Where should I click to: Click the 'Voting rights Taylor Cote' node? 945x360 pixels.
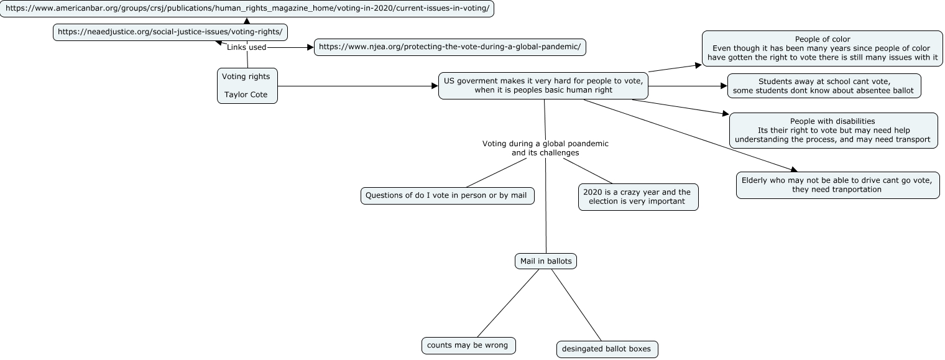pyautogui.click(x=247, y=86)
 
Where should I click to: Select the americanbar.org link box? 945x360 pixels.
pyautogui.click(x=247, y=9)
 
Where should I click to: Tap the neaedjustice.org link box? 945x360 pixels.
pyautogui.click(x=170, y=32)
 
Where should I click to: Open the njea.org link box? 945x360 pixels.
pyautogui.click(x=449, y=47)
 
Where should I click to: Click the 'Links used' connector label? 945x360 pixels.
pyautogui.click(x=246, y=47)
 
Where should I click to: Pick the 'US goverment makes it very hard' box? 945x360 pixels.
pyautogui.click(x=543, y=86)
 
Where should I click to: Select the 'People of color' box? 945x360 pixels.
pyautogui.click(x=823, y=48)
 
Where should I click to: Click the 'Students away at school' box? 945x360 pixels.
pyautogui.click(x=824, y=86)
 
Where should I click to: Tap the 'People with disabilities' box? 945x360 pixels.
pyautogui.click(x=833, y=131)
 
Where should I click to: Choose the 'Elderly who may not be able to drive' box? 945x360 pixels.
pyautogui.click(x=838, y=185)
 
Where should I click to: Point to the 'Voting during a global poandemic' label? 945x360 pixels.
pyautogui.click(x=545, y=148)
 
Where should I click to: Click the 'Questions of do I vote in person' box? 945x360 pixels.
pyautogui.click(x=447, y=196)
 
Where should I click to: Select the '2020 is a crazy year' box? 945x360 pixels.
pyautogui.click(x=638, y=196)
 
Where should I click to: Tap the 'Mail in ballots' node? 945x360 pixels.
pyautogui.click(x=546, y=261)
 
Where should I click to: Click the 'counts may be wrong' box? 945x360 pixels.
pyautogui.click(x=468, y=346)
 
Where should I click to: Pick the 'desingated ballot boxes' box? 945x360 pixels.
pyautogui.click(x=607, y=349)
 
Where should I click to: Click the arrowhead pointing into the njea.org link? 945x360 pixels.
pyautogui.click(x=310, y=48)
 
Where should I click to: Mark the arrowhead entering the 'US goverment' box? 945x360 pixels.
pyautogui.click(x=435, y=86)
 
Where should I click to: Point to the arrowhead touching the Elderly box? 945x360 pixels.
pyautogui.click(x=793, y=169)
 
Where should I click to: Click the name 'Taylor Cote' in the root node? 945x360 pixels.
pyautogui.click(x=246, y=95)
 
